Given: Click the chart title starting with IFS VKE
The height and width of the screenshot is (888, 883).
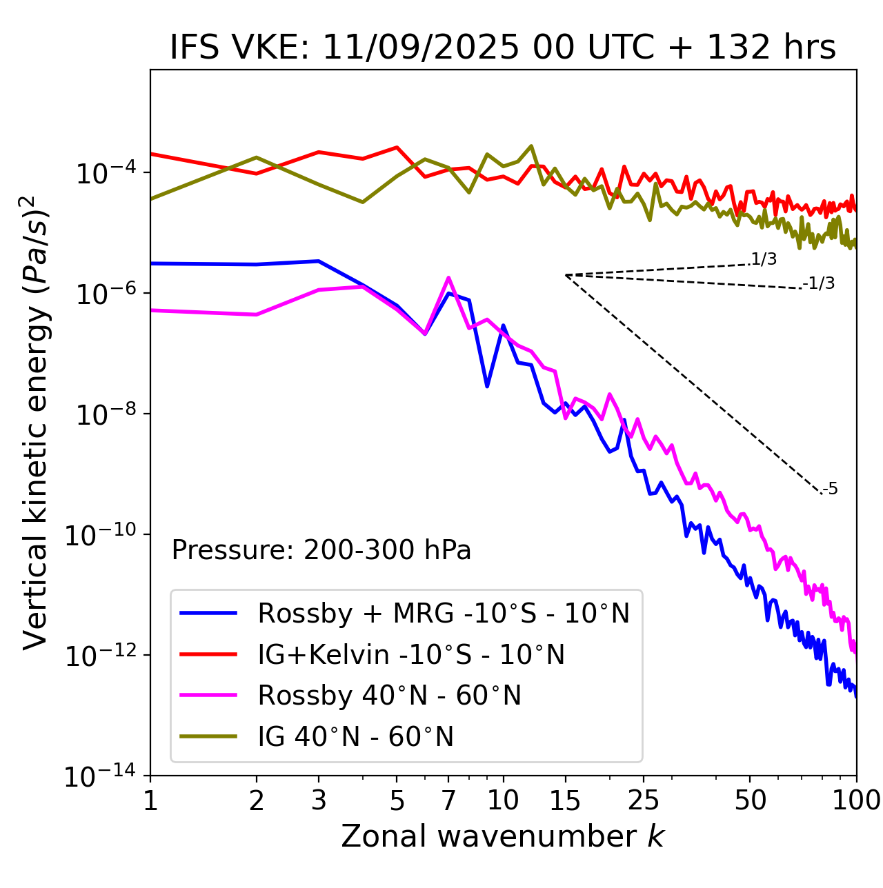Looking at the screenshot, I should click(503, 48).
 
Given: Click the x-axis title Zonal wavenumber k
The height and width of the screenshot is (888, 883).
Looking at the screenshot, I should click(503, 837).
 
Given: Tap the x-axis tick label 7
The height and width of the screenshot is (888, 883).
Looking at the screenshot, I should click(448, 800).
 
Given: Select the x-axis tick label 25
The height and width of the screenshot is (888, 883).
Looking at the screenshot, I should click(643, 800).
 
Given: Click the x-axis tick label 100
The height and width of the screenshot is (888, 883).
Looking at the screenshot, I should click(856, 800).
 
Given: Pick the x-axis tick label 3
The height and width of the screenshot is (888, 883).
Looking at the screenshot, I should click(319, 800).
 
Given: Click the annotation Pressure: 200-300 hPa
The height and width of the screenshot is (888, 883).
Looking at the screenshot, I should click(321, 550).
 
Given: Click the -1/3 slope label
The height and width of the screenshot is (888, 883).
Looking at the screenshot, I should click(819, 283).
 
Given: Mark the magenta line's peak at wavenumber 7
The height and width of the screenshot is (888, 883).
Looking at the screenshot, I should click(448, 278).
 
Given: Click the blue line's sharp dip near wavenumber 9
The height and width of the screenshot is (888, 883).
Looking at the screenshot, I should click(487, 386).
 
